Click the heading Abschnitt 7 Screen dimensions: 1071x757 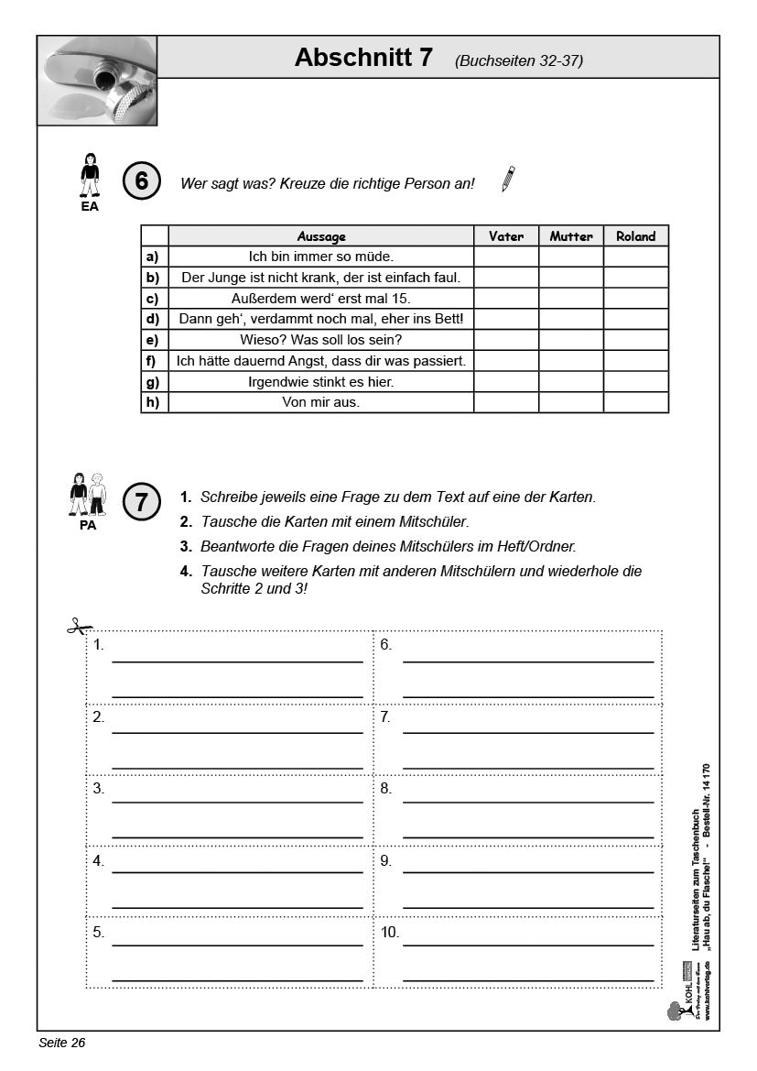point(363,58)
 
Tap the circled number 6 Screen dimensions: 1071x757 point(141,181)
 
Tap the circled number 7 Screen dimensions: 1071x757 point(141,501)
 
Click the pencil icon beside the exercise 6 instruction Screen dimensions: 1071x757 point(508,179)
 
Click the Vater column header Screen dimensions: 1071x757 point(506,236)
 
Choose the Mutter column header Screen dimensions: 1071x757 point(571,236)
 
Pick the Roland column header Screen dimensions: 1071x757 point(636,236)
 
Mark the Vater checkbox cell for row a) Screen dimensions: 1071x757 point(506,257)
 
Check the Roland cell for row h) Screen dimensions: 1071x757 point(636,402)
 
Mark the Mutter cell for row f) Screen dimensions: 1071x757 point(571,361)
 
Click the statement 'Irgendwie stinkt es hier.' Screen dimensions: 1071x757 point(321,382)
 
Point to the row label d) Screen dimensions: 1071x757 point(152,320)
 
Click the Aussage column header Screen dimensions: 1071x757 point(321,236)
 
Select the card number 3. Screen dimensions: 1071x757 point(98,788)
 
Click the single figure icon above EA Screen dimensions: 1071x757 point(90,175)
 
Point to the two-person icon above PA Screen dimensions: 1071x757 point(88,495)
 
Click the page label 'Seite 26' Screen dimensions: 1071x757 point(61,1044)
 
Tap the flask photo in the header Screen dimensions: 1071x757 point(97,81)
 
